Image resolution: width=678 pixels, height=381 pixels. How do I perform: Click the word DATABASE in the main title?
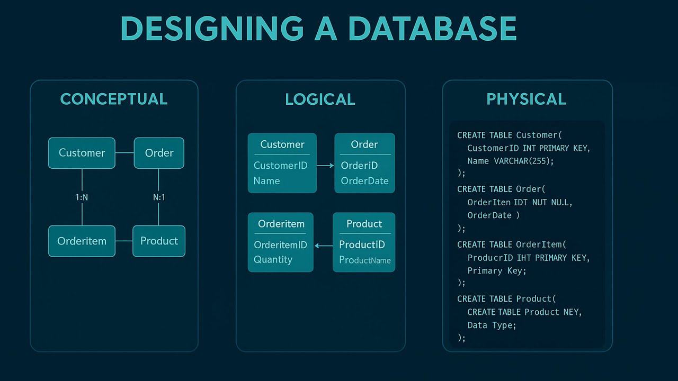pos(432,29)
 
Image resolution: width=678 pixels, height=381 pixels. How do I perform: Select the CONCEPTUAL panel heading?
pos(114,99)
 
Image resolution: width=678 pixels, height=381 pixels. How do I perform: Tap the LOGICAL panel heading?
pos(320,99)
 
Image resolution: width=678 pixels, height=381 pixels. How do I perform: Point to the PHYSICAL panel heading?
pos(526,99)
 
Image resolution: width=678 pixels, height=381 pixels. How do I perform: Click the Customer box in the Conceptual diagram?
pos(82,153)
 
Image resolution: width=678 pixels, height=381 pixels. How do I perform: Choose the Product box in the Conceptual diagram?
pos(159,241)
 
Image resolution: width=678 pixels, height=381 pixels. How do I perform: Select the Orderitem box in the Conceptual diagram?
pos(82,241)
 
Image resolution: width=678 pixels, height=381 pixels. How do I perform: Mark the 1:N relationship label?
pos(82,197)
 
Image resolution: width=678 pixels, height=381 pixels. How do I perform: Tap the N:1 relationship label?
pos(159,197)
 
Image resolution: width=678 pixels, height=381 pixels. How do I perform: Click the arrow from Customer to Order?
pos(325,166)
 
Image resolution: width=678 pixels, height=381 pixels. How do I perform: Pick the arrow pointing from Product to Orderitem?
pos(323,246)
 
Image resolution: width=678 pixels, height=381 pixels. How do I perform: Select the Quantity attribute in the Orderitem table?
pos(273,259)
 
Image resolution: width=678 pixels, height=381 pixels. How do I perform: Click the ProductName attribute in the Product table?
pos(364,260)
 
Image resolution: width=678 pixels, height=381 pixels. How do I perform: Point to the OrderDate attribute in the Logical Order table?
pos(364,180)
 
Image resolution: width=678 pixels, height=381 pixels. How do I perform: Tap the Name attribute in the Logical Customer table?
pos(266,180)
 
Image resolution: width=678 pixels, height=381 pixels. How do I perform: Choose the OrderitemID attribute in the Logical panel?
pos(280,244)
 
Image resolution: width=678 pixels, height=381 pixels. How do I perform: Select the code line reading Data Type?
pos(491,325)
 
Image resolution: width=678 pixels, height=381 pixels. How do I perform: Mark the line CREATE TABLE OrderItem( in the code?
pos(512,244)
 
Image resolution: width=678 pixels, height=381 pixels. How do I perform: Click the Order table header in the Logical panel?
pos(364,144)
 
